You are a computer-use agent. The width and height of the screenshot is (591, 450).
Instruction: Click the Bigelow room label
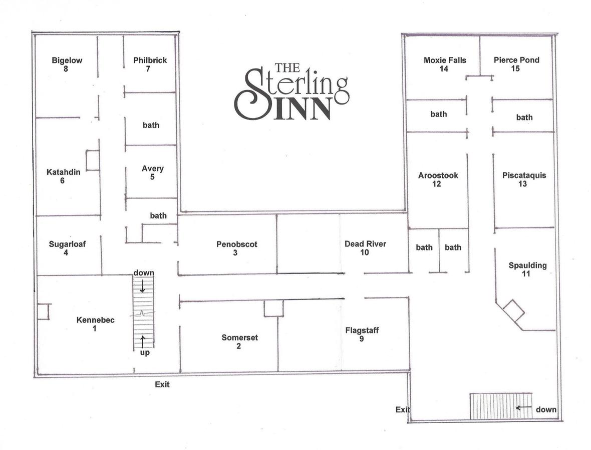pos(67,60)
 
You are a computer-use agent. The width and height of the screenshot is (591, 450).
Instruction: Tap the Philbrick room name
pos(150,60)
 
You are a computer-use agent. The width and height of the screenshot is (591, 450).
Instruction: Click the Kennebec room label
pos(95,320)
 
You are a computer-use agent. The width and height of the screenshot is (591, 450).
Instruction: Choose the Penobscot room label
pos(237,244)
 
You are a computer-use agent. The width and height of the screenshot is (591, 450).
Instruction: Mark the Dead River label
pos(365,244)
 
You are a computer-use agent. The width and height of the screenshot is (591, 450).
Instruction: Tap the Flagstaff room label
pos(362,330)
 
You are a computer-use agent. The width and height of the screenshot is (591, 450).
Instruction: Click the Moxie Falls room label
pos(445,60)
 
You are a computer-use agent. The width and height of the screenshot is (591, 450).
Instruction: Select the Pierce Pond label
pos(516,60)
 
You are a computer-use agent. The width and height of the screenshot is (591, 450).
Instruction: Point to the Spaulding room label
pos(527,265)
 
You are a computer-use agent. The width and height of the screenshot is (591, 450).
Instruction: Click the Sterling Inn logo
pos(291,91)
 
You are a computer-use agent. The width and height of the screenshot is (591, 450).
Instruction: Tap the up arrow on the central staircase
pos(143,341)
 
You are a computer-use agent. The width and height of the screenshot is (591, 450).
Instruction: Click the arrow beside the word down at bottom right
pos(523,408)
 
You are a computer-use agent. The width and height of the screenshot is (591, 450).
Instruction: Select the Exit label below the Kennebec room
pos(162,384)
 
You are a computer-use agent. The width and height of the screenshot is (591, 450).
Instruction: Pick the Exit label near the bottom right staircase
pos(403,409)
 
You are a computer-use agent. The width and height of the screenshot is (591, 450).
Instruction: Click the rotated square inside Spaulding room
pos(513,310)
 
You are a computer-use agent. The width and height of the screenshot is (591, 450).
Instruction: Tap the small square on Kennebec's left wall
pos(43,311)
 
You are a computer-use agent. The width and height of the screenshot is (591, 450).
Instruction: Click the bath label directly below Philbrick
pos(151,125)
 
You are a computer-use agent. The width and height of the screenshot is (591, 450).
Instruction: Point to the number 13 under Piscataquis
pos(523,184)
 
